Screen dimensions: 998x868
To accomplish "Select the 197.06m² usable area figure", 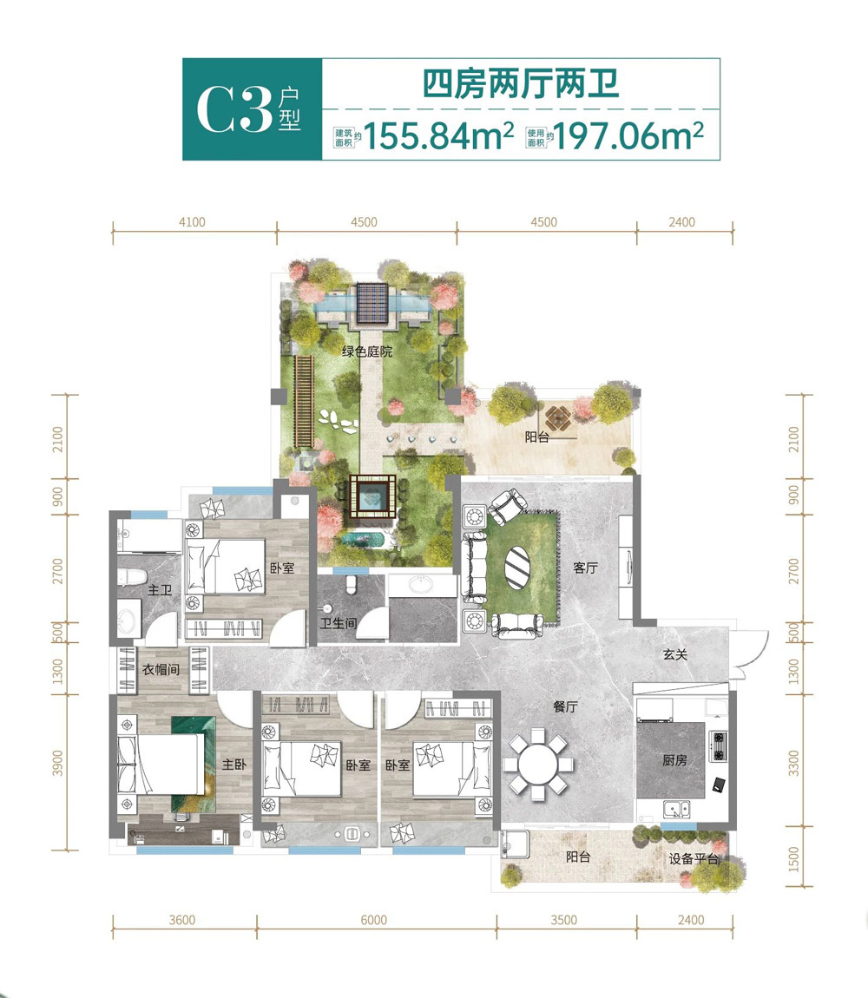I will [x=628, y=136].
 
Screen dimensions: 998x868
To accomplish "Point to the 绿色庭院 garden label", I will [x=366, y=351].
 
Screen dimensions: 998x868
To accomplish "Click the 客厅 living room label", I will [x=586, y=568].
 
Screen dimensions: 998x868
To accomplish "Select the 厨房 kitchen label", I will [x=674, y=760].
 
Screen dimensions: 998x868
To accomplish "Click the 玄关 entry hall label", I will [x=675, y=655].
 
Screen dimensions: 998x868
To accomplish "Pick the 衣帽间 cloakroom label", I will [x=161, y=669].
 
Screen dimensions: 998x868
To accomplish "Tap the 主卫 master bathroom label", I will [x=159, y=591].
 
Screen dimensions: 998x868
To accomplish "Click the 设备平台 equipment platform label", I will [x=694, y=859].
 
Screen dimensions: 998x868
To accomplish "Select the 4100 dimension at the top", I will [x=192, y=222].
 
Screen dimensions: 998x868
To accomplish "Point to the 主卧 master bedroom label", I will [x=233, y=766].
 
